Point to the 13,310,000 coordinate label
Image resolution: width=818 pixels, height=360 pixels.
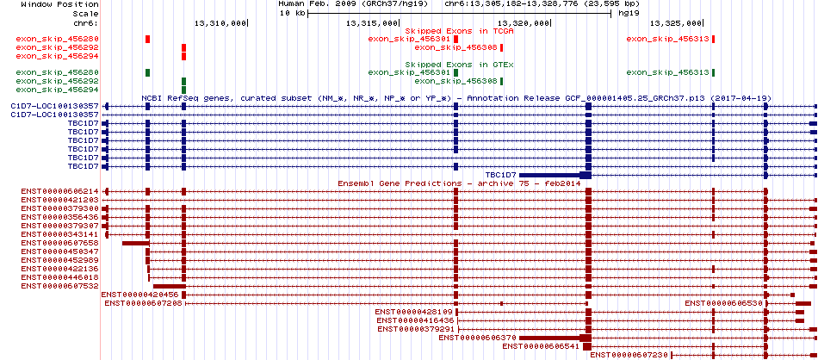pos(221,23)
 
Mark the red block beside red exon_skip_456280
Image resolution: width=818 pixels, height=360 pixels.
pos(148,39)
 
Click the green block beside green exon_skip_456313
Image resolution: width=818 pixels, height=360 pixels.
pos(714,72)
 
